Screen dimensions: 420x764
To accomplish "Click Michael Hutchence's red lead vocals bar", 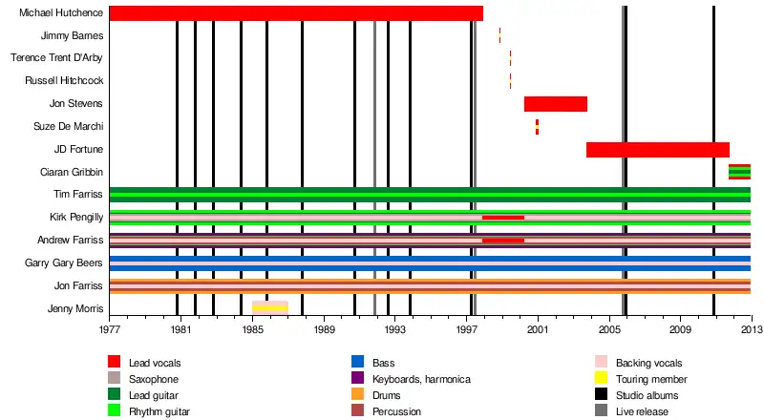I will (296, 13).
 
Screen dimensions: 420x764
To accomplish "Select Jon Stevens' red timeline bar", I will (555, 104).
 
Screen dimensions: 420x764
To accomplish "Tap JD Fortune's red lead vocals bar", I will (657, 150).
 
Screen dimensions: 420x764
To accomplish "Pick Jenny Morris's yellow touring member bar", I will (270, 308).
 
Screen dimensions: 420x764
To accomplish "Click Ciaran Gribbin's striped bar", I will (739, 172).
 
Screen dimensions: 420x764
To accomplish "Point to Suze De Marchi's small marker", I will (537, 127).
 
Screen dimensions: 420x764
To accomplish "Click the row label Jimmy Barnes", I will (72, 35).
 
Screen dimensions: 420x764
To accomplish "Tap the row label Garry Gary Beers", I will (64, 262).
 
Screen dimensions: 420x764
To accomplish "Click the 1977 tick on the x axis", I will (110, 329).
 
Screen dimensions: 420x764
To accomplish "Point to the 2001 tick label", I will (538, 329).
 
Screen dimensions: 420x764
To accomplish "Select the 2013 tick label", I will (751, 329).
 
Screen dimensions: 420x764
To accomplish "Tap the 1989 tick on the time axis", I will (325, 329).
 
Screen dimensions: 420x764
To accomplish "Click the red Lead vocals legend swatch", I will (115, 363).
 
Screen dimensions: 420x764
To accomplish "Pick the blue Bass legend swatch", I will (358, 363).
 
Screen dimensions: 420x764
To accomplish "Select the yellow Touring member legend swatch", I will (602, 379).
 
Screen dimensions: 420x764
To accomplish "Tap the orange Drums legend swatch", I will (358, 395).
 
